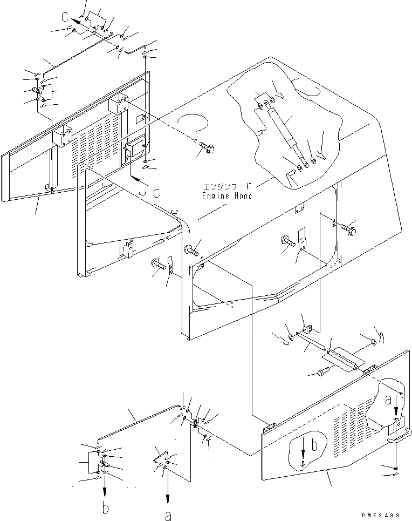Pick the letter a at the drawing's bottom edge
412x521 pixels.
click(x=168, y=516)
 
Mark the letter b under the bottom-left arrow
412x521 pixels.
click(x=106, y=508)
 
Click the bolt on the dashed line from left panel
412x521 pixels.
click(x=207, y=146)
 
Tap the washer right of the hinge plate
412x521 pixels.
click(x=373, y=343)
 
